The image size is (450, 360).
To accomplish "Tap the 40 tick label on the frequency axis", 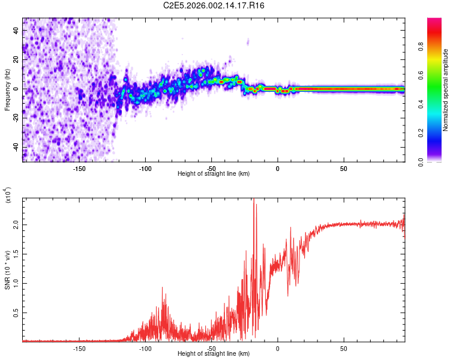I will pos(16,31).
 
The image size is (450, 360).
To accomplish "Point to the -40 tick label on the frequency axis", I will pos(14,147).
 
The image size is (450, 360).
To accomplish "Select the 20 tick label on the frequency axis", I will pos(16,60).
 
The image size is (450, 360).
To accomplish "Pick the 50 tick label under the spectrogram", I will pos(343,169).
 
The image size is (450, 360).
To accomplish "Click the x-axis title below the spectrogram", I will pos(214,174).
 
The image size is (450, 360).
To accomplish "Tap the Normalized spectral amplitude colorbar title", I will pos(446,90).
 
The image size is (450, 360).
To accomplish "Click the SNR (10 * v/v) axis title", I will pos(7,268).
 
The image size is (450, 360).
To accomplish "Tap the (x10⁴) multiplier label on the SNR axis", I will pos(8,196).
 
